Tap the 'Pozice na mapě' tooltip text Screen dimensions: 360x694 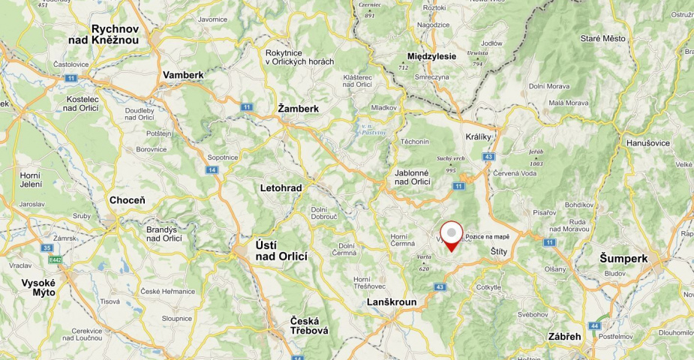pos(487,237)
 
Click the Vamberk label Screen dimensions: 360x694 pos(183,75)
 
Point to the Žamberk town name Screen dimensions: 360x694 pos(298,108)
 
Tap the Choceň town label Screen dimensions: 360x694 pos(128,200)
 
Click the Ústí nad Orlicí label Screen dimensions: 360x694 pos(281,250)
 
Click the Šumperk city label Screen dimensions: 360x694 pos(623,258)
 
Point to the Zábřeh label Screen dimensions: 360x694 pos(563,337)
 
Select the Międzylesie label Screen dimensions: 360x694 pos(431,56)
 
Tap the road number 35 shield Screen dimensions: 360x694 pos(48,247)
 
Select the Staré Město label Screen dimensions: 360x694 pos(602,37)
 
